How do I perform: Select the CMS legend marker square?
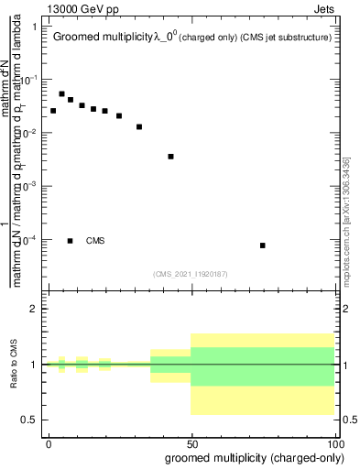click(x=71, y=241)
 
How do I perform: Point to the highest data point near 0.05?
click(x=61, y=93)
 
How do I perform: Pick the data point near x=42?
click(x=170, y=157)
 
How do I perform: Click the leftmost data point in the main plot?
click(x=53, y=111)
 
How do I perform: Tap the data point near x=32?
click(x=139, y=126)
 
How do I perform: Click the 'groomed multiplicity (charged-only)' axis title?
click(x=249, y=457)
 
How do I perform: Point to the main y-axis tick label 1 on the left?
click(x=34, y=27)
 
